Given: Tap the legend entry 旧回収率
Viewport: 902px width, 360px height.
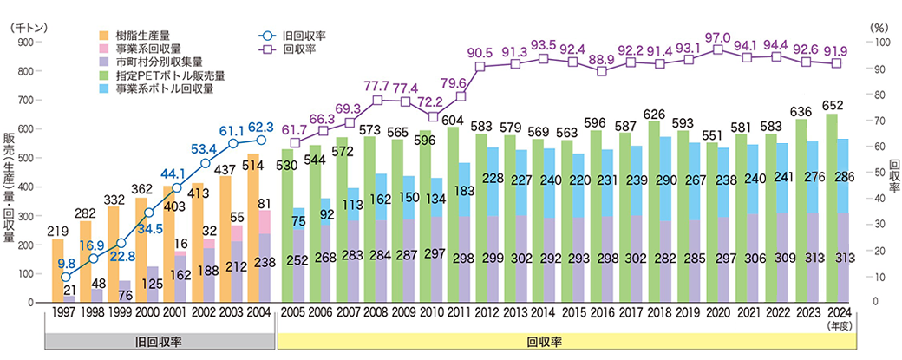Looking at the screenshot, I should coord(303,36).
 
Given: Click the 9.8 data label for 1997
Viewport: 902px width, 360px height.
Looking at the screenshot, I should coord(66,262).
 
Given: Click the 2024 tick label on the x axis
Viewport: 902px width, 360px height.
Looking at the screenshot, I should coord(837,311).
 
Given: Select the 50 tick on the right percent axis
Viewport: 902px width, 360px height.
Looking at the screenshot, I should coord(873,173).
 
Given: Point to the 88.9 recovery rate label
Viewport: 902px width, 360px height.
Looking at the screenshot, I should coord(603,59).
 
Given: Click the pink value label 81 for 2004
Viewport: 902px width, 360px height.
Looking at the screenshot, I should coord(265,202).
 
